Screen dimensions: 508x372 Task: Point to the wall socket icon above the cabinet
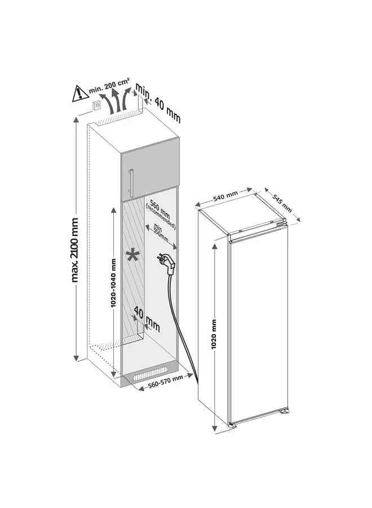tap(97, 106)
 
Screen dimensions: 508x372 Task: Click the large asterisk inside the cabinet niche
tap(133, 256)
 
